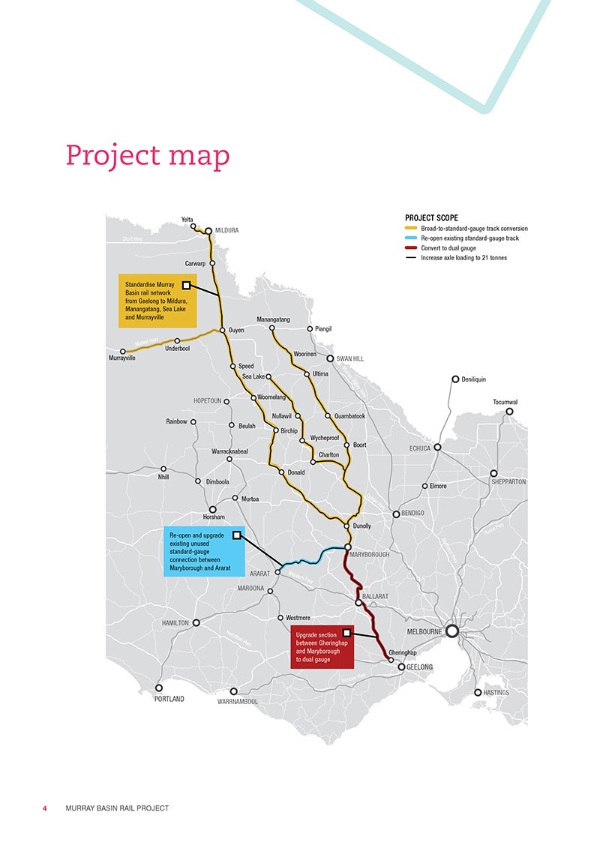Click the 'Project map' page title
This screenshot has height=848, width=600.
pos(148,154)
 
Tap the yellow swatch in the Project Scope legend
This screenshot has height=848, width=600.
pos(411,228)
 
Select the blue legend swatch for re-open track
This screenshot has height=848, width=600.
pos(411,238)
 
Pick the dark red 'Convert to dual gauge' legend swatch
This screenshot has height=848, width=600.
pos(411,248)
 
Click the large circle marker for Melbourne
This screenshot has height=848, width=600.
pos(452,631)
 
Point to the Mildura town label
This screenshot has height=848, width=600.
pos(226,231)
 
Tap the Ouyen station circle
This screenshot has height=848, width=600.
pos(223,330)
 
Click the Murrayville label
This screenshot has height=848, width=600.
pos(122,358)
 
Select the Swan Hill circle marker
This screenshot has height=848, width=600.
pos(329,358)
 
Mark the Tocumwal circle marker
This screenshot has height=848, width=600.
pos(509,411)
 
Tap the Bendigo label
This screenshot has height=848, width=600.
pos(413,514)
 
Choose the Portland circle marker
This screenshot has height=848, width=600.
pos(159,688)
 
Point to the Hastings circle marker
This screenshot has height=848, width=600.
pos(478,693)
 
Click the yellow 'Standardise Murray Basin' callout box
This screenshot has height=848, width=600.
pos(157,301)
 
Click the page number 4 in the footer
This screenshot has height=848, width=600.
pos(45,808)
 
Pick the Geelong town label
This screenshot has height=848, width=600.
pos(420,667)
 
